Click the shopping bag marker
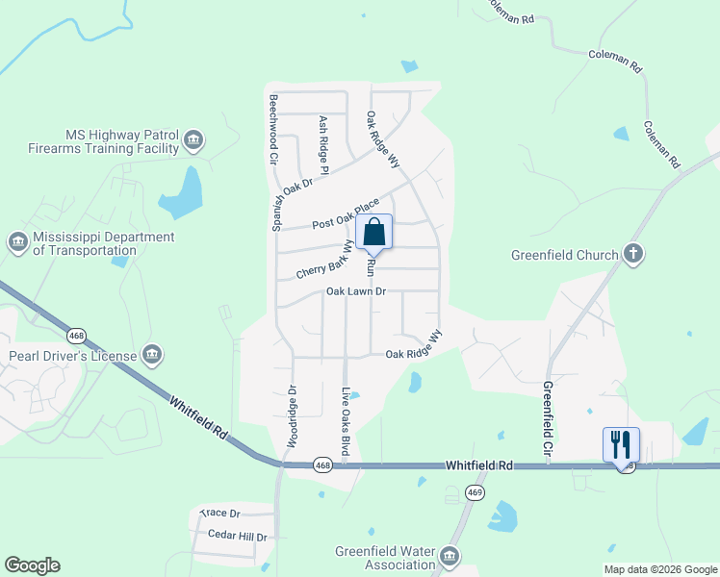374,232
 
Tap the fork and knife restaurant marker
621,444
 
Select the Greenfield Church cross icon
632,254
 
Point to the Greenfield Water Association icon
450,557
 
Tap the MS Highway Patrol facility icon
193,142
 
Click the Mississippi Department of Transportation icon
17,243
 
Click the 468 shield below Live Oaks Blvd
324,465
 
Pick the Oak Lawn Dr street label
355,291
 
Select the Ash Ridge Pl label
324,145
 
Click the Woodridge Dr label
291,416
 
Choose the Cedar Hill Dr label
237,535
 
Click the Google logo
32,565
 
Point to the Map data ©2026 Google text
659,569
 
